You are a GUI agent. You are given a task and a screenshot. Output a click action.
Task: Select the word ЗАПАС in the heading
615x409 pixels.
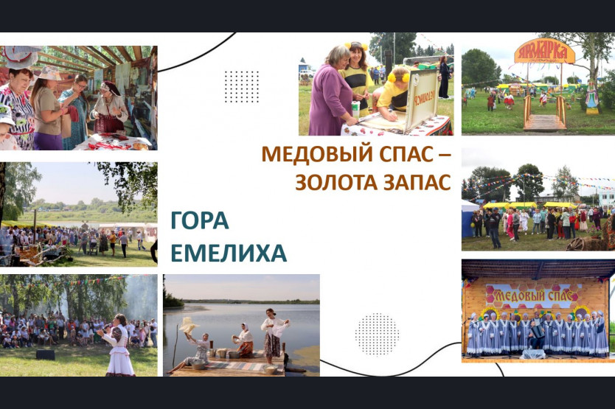417,182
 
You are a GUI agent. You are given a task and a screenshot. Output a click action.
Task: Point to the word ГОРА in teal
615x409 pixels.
200,220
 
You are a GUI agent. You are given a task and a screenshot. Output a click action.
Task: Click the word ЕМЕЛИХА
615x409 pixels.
229,253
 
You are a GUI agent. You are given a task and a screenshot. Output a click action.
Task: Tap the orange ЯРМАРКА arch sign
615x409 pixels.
544,52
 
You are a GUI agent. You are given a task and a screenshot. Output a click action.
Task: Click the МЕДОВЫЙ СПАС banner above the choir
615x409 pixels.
534,296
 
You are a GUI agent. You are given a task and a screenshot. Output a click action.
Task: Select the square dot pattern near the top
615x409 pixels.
242,87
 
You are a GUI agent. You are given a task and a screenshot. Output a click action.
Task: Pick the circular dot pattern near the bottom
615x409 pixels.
377,335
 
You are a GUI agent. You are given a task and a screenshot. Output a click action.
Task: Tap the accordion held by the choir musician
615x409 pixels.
537,332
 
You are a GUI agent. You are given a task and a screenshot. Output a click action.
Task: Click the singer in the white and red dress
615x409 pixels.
119,345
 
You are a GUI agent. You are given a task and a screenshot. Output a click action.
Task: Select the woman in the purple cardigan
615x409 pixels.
330,92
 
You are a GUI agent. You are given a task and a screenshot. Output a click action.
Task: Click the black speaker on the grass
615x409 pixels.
46,355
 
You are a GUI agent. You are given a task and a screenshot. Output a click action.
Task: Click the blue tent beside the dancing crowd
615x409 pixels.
469,219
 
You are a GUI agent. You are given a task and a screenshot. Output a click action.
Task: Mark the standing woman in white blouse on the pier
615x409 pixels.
274,335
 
